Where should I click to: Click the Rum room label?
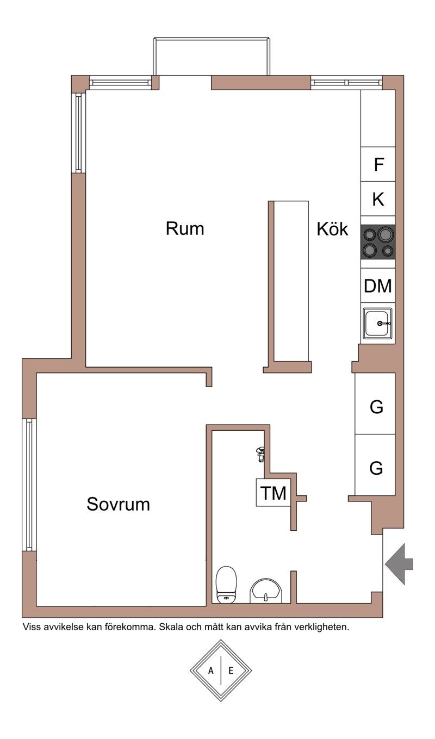(185, 228)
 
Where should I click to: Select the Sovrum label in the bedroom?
(118, 504)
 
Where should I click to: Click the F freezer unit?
(378, 164)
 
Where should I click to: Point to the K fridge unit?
(378, 199)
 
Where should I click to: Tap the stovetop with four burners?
(378, 242)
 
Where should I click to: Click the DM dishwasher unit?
(378, 285)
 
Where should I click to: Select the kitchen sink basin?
(378, 324)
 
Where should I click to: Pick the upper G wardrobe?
(375, 403)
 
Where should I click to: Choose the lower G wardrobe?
(375, 464)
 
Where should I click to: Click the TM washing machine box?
(273, 493)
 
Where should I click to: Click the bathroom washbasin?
(266, 591)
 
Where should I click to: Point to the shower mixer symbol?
(260, 454)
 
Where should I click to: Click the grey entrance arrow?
(399, 564)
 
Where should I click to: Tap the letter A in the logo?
(211, 670)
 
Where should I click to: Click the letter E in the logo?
(231, 670)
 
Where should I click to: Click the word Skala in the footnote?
(171, 627)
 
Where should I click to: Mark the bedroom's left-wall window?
(29, 485)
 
